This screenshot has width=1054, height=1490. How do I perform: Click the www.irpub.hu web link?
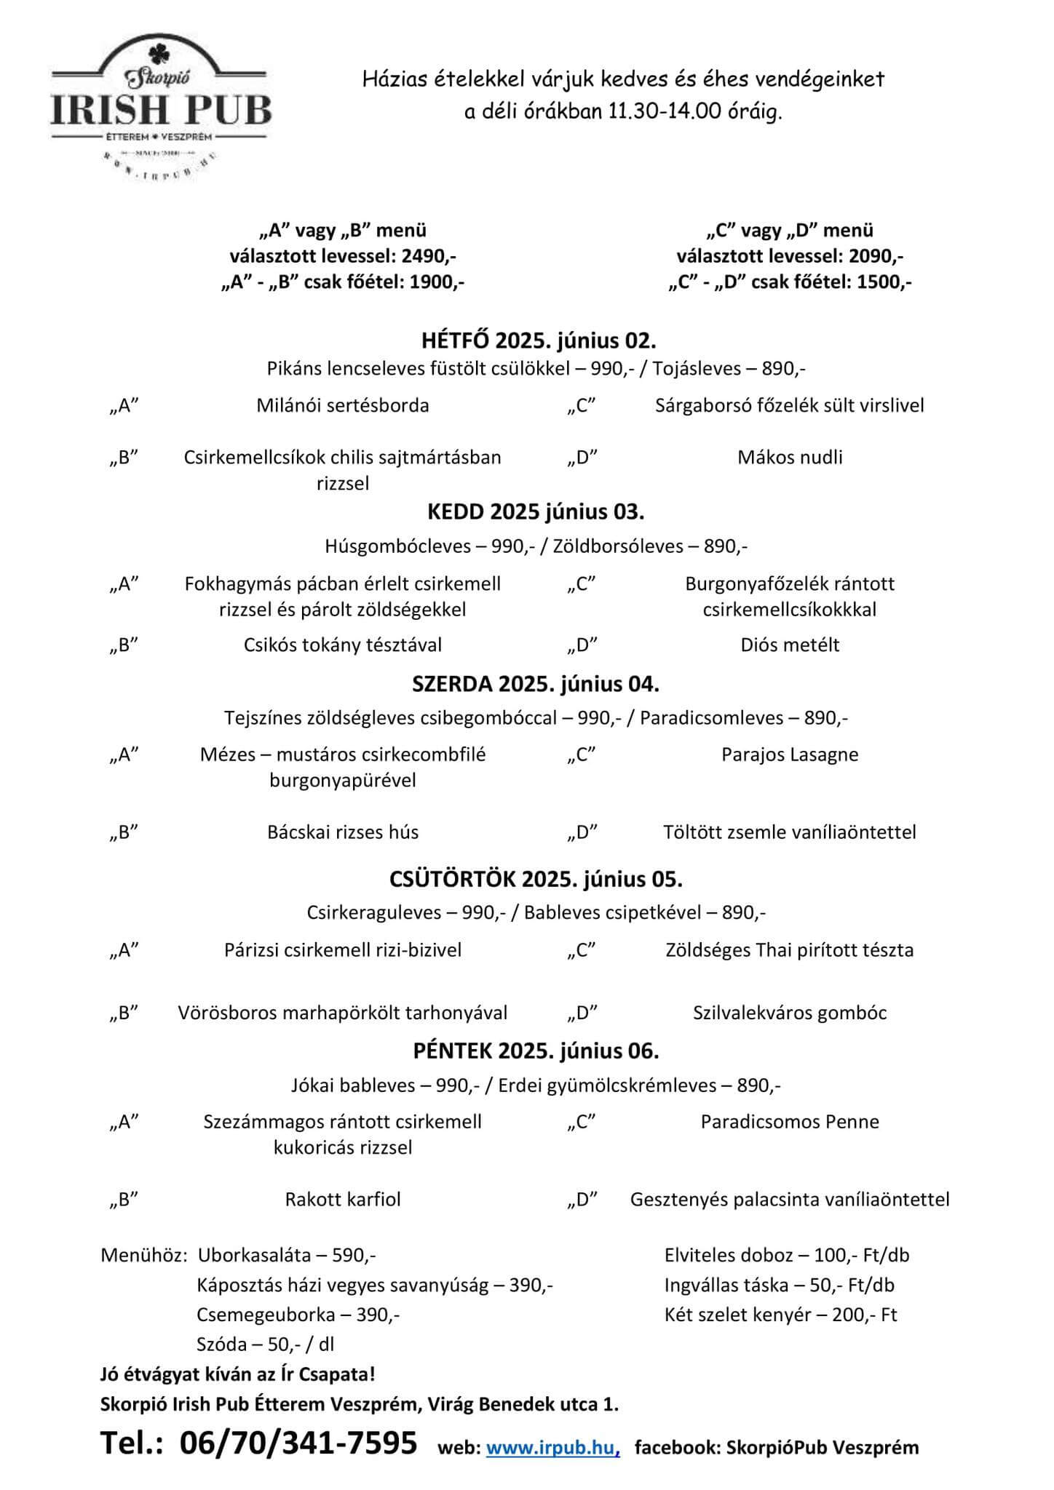[552, 1447]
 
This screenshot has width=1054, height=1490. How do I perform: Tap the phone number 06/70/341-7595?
[298, 1442]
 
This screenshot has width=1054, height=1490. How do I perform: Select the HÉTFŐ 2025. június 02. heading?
[539, 340]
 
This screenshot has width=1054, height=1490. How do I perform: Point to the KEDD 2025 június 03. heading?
[536, 511]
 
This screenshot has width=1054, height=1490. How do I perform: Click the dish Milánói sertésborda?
[342, 405]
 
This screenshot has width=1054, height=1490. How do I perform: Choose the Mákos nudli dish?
[790, 457]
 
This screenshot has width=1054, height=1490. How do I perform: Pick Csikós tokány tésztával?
[342, 645]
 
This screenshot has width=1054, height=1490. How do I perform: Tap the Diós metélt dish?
[790, 645]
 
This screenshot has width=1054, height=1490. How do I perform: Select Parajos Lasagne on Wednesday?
[790, 754]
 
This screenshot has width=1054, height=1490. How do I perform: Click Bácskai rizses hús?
[342, 832]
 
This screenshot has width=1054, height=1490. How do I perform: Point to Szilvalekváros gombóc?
[790, 1013]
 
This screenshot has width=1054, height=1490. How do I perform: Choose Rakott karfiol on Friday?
[342, 1199]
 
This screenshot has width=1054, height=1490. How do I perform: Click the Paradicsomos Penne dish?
[790, 1121]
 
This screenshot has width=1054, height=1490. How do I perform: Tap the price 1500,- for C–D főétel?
[883, 282]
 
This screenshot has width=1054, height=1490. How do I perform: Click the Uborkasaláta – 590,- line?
[287, 1255]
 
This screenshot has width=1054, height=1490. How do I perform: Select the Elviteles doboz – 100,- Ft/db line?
[786, 1255]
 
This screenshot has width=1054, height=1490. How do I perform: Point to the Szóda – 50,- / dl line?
[265, 1344]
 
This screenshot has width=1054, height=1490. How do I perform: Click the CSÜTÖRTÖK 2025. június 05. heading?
[536, 879]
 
